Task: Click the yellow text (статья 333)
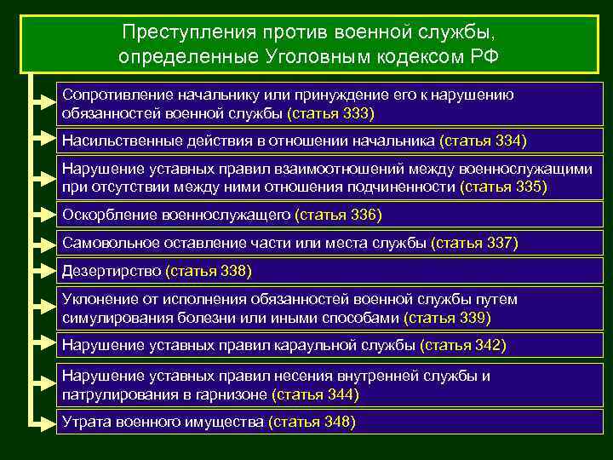click(x=330, y=113)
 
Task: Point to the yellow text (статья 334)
click(x=483, y=141)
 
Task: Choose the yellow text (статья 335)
click(x=503, y=187)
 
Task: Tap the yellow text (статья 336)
click(x=338, y=215)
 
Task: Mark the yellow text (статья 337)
click(x=474, y=244)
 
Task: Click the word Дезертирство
click(x=112, y=272)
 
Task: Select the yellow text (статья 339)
click(x=447, y=318)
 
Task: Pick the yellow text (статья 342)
click(x=463, y=345)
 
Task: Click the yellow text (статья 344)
click(x=315, y=394)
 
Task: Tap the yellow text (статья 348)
click(x=311, y=422)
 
